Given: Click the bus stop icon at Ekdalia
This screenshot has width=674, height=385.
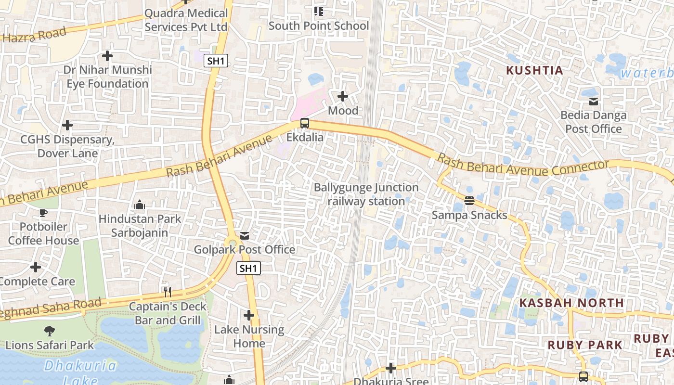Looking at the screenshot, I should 304,123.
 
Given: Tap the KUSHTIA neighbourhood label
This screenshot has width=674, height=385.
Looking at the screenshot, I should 534,70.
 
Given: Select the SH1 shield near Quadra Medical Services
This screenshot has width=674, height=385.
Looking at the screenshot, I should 216,61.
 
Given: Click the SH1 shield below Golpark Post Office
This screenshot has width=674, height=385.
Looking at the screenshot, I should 248,268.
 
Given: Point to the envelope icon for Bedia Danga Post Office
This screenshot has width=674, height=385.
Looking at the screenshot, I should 593,101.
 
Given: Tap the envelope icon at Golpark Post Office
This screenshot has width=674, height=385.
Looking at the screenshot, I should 245,235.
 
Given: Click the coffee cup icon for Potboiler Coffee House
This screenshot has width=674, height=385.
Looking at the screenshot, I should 43,212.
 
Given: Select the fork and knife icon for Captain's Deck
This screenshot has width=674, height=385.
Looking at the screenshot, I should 167,292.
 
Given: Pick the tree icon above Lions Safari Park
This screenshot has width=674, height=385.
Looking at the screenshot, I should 49,331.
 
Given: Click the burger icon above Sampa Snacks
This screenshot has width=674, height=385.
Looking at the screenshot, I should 469,200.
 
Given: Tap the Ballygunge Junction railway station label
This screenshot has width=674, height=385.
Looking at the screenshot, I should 366,194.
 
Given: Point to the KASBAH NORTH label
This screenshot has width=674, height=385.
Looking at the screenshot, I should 571,303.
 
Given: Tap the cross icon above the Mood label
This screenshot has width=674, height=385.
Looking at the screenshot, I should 343,96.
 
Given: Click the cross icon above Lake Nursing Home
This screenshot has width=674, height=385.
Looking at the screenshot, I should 249,315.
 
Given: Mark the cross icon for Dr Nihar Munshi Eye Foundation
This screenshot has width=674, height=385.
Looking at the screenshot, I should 107,56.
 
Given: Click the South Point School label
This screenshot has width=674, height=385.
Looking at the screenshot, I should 319,26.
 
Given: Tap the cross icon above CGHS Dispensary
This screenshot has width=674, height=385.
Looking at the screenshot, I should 67,125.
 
